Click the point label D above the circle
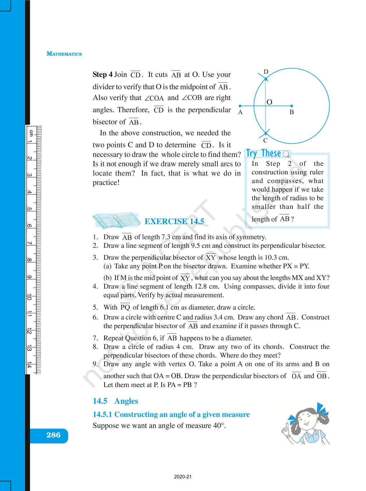266,72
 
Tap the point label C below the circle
266,141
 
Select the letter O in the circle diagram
269,102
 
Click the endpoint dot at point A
240,106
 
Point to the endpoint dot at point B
291,106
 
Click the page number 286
53,435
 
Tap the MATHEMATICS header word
64,54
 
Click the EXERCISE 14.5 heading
174,221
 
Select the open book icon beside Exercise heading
115,221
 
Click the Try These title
263,153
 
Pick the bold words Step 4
102,74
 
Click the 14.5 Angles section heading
115,401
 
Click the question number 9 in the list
95,364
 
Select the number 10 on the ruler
30,297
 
